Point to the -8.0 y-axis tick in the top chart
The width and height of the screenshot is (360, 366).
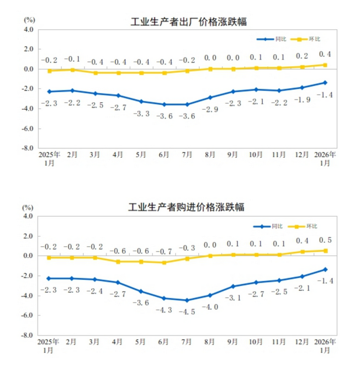coord(28,148)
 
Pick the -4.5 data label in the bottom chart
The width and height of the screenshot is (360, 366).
coord(188,310)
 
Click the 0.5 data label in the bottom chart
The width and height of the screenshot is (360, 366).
coord(326,241)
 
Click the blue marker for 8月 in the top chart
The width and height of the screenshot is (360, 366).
coord(210,98)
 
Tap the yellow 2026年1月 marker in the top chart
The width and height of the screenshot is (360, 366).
coord(325,65)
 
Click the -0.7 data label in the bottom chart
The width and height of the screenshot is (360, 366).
coord(164,252)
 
